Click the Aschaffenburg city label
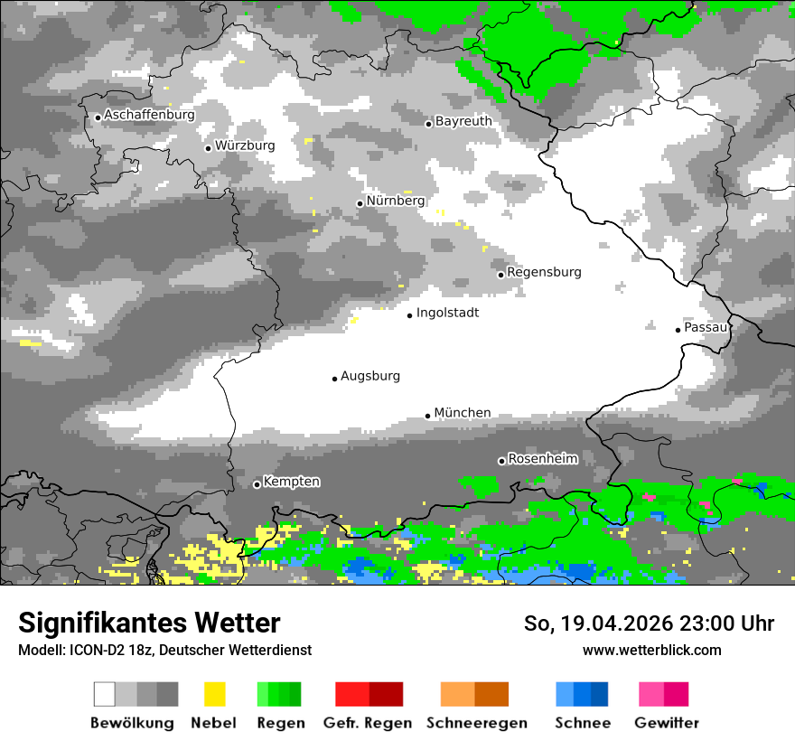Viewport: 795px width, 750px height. click(149, 116)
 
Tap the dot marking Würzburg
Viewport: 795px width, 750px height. click(209, 148)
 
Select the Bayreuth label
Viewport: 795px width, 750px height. click(463, 121)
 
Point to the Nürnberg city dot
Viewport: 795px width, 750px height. click(360, 203)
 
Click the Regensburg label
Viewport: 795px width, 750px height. click(544, 272)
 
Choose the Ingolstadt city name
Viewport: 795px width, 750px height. click(447, 314)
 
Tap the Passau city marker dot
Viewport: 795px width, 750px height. click(678, 330)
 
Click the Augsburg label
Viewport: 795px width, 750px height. click(370, 376)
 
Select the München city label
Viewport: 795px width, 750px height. click(463, 413)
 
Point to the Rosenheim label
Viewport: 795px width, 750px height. click(542, 459)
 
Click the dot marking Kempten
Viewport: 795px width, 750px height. click(257, 484)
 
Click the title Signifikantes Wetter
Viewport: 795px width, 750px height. click(149, 623)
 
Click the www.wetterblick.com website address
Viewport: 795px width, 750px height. click(651, 650)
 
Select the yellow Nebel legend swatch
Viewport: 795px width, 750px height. click(214, 694)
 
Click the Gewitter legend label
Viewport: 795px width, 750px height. click(667, 723)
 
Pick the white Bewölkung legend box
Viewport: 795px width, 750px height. click(105, 694)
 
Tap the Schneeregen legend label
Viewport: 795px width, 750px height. click(477, 723)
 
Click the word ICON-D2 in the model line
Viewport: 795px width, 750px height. click(90, 650)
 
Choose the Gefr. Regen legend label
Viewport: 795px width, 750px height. click(368, 723)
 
